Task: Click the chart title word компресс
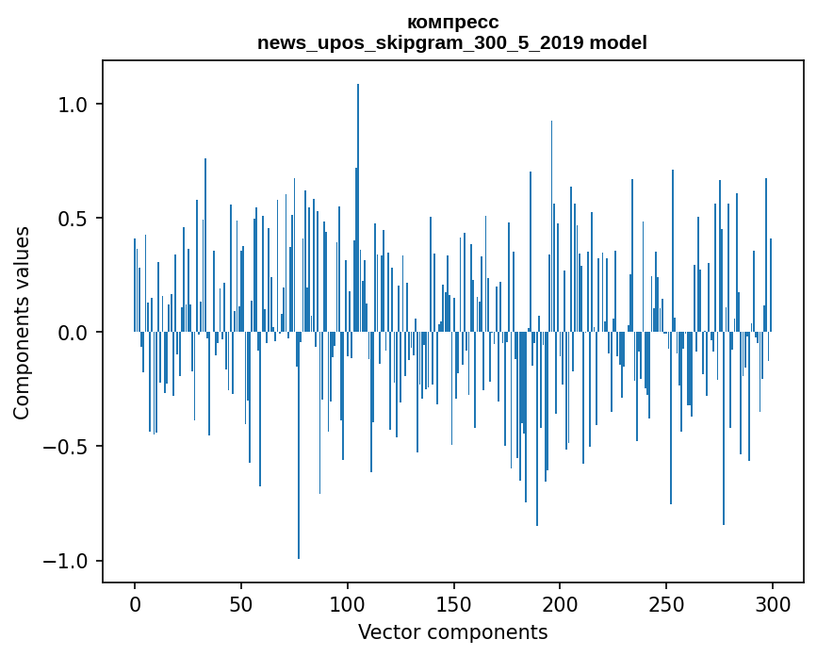coord(452,22)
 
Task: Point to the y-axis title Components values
coord(22,322)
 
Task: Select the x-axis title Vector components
coord(452,631)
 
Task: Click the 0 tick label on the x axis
coord(135,603)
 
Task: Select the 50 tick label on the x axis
coord(241,603)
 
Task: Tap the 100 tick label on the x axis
coord(348,603)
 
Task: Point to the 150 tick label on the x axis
coord(454,603)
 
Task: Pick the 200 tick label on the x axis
coord(560,603)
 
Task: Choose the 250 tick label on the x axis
coord(666,603)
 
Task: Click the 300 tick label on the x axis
coord(773,603)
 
